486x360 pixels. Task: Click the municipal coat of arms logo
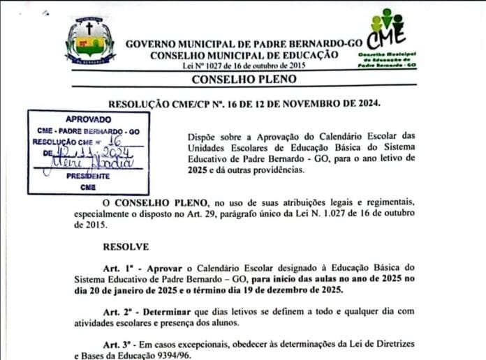[x=89, y=41]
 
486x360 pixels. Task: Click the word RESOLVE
[x=126, y=246]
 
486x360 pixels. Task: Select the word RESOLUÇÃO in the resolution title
[x=138, y=104]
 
